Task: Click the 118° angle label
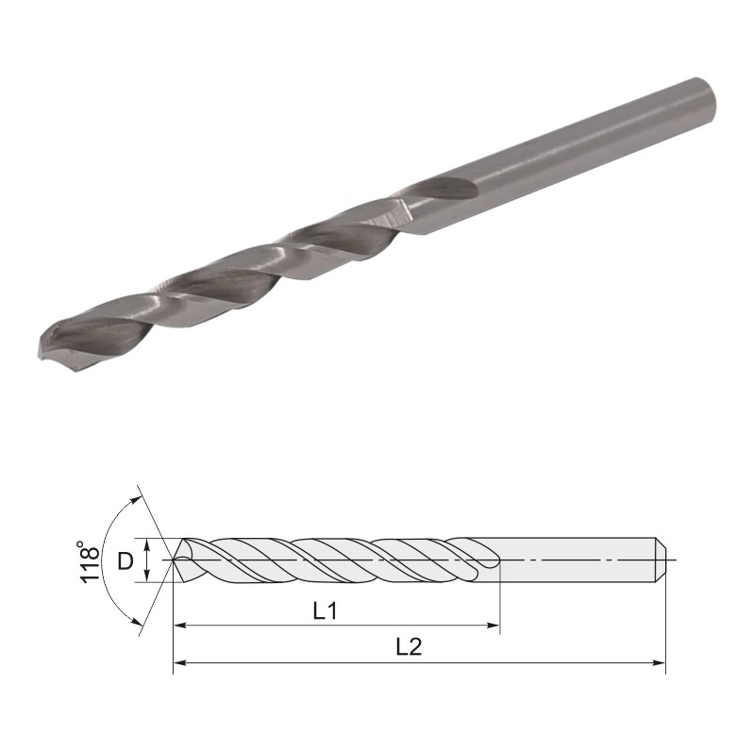coord(91,561)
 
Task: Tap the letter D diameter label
coord(125,560)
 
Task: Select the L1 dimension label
coord(326,610)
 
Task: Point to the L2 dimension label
coord(409,647)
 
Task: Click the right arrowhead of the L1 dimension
coord(494,626)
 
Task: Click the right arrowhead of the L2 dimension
coord(659,662)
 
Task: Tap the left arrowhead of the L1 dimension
coord(180,626)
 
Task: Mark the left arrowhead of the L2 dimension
coord(180,662)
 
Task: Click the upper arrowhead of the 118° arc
coord(137,501)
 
